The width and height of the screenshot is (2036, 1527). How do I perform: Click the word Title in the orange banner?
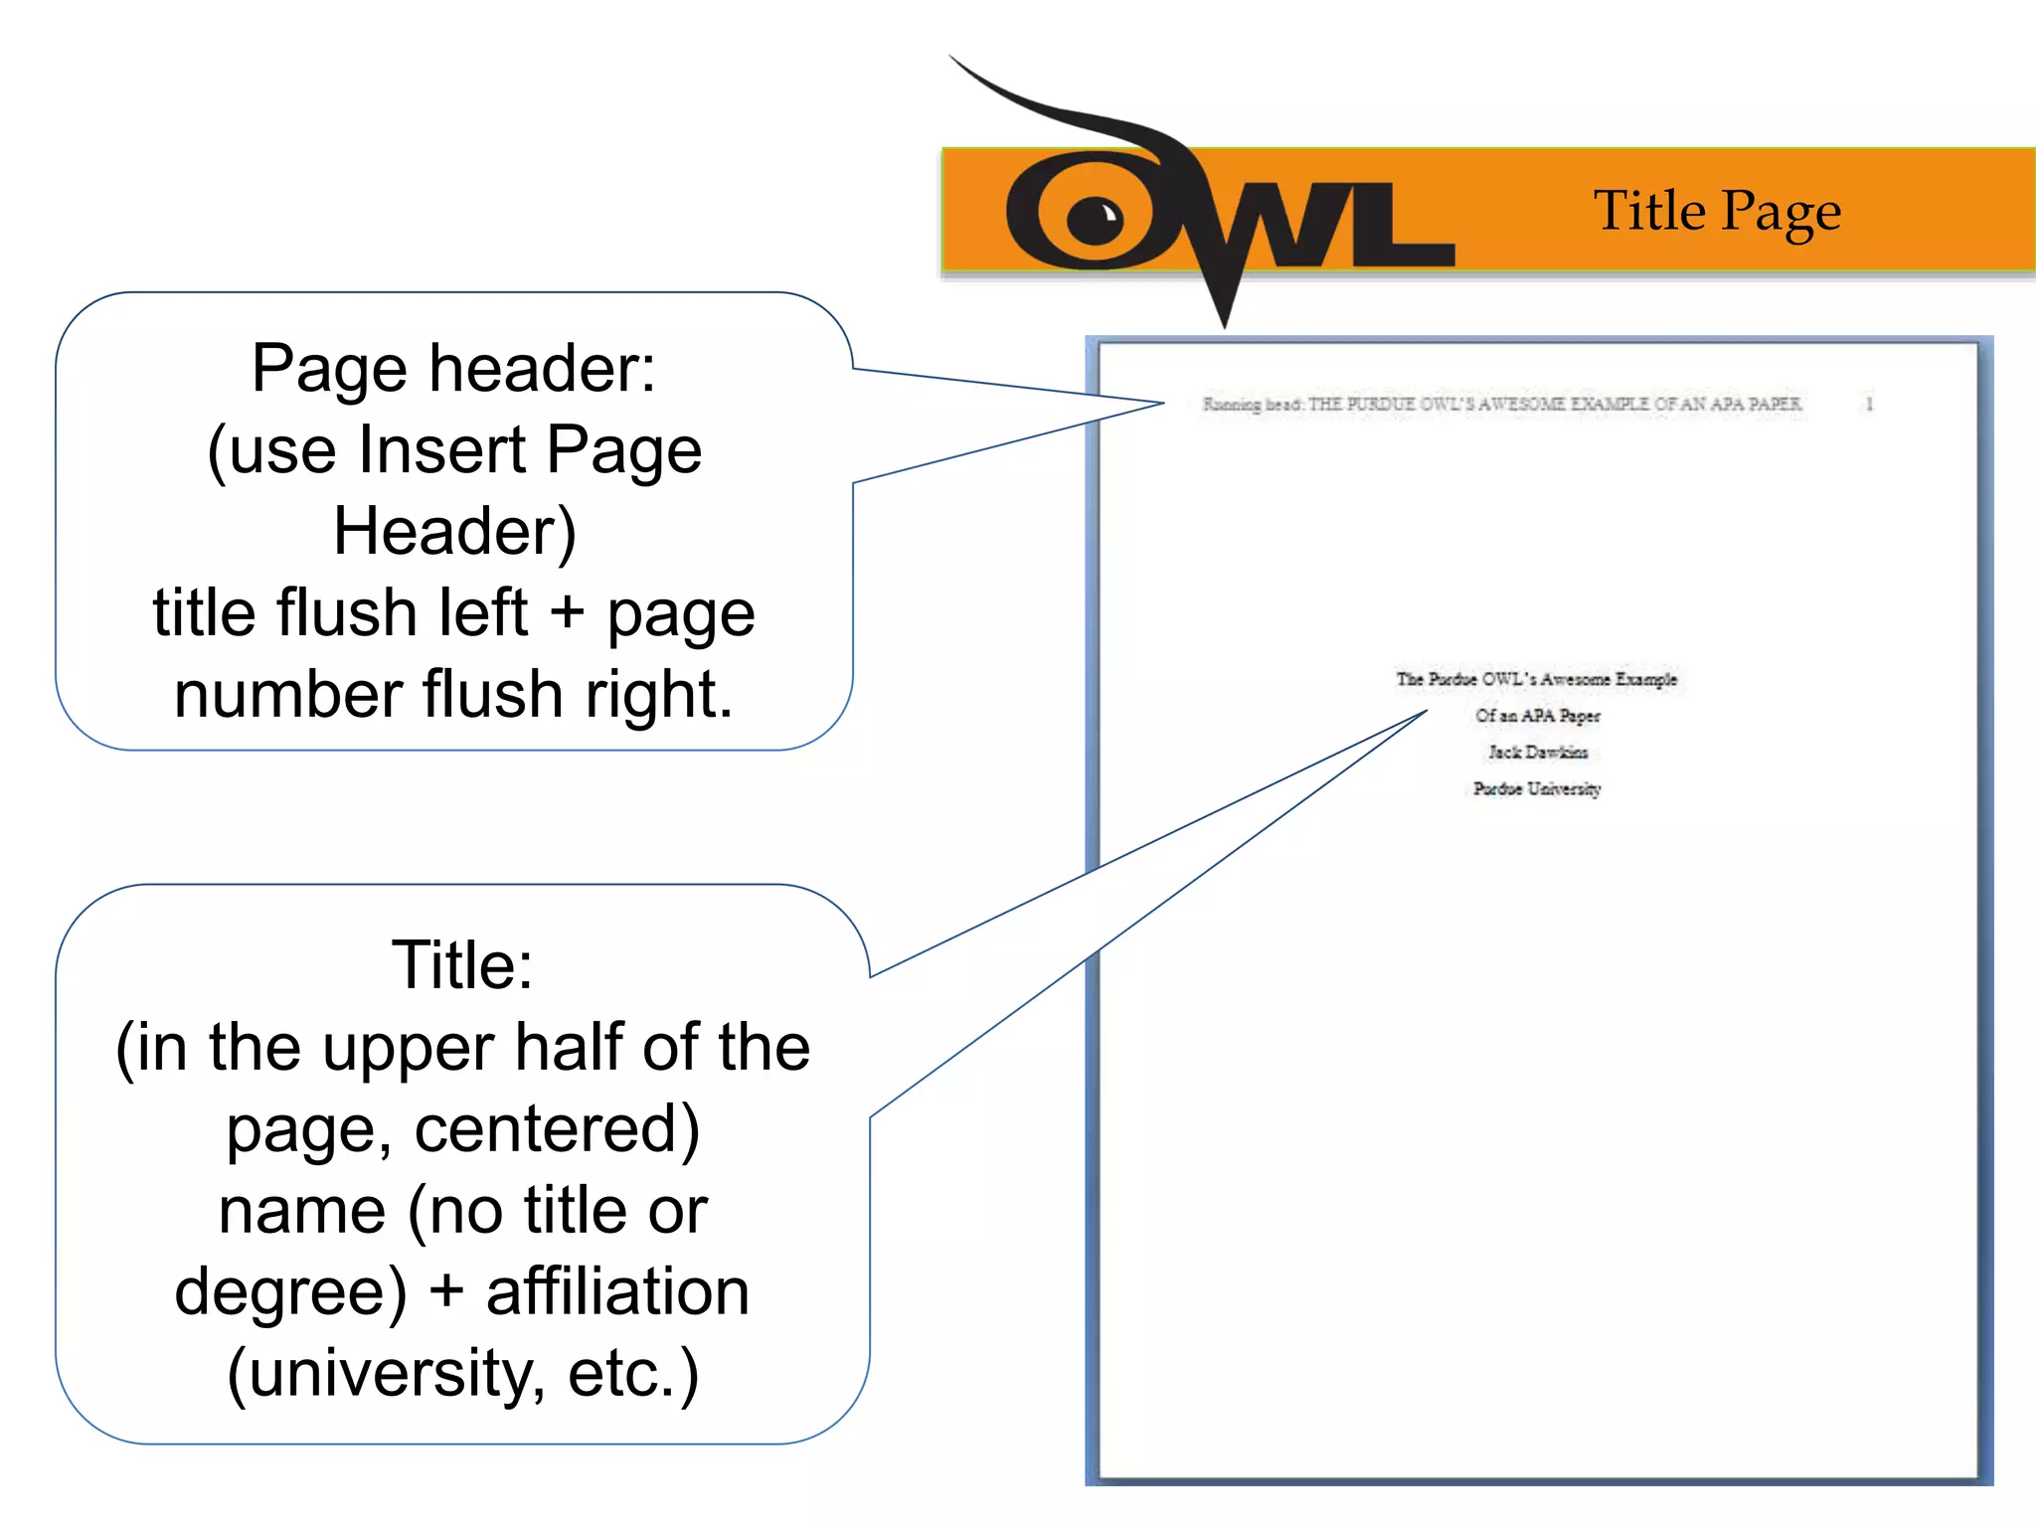pyautogui.click(x=1649, y=211)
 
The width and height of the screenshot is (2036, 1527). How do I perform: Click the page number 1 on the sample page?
pyautogui.click(x=1869, y=404)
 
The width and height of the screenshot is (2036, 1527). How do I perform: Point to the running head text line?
pyautogui.click(x=1501, y=404)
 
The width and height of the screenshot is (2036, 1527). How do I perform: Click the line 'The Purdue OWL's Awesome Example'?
pyautogui.click(x=1536, y=679)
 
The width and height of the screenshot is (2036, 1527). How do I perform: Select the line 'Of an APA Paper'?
pyautogui.click(x=1537, y=716)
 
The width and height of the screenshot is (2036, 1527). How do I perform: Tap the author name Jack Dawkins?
pyautogui.click(x=1537, y=753)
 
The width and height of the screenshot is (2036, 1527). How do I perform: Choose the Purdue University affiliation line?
pyautogui.click(x=1537, y=789)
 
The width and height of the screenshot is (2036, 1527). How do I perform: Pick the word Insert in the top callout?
pyautogui.click(x=441, y=450)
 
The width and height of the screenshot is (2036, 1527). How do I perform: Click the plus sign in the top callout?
pyautogui.click(x=567, y=612)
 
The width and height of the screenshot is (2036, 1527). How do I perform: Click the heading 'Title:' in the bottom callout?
pyautogui.click(x=462, y=965)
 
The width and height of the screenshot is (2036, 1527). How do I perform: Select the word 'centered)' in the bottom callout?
pyautogui.click(x=557, y=1129)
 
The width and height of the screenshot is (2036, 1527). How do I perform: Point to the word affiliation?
pyautogui.click(x=617, y=1292)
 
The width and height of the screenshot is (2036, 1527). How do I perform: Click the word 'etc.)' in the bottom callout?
pyautogui.click(x=633, y=1374)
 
